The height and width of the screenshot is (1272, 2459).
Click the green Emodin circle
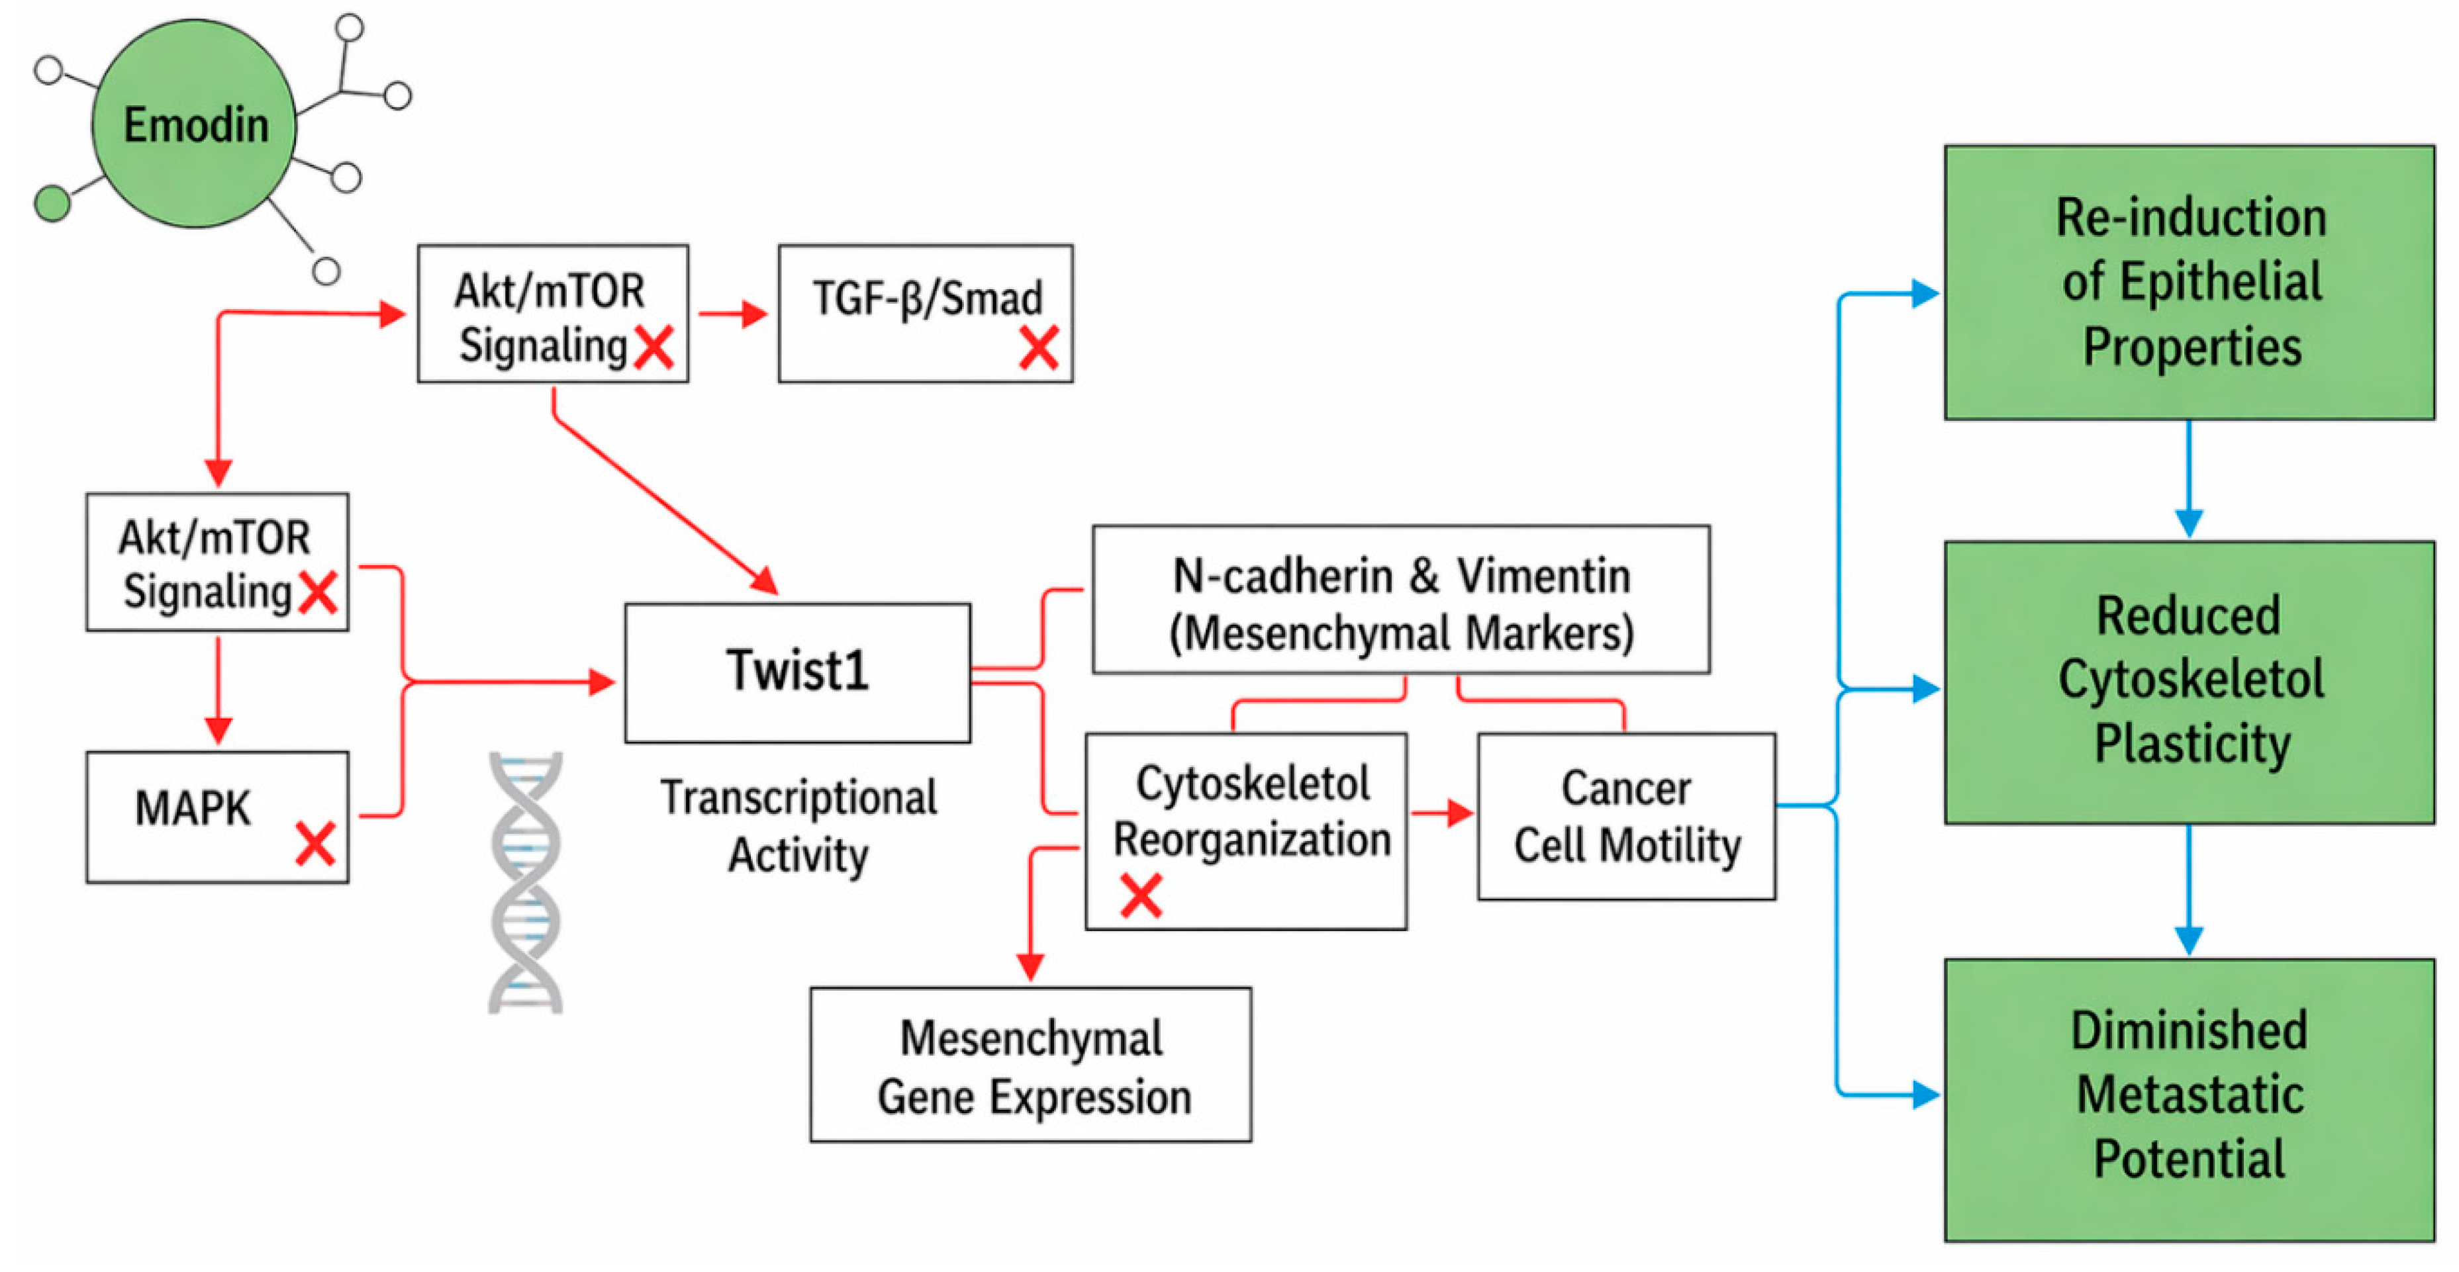194,124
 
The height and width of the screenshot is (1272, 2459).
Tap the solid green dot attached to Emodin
52,203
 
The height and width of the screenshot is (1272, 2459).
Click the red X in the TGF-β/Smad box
1037,348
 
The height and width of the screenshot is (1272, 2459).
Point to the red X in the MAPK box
315,844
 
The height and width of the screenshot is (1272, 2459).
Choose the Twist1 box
797,673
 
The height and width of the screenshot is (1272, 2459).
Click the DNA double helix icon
525,883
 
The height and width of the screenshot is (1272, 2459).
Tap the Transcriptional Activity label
798,825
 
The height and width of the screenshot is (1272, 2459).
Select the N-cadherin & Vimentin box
1400,599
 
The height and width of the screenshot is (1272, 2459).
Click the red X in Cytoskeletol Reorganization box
1141,895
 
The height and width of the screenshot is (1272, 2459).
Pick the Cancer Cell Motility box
1625,817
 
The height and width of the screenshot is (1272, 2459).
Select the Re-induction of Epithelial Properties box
2189,283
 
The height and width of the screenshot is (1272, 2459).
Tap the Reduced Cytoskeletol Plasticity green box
2189,682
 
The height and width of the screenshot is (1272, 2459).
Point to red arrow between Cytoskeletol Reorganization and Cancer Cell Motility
1441,813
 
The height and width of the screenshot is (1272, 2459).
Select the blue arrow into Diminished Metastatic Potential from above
2188,892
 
